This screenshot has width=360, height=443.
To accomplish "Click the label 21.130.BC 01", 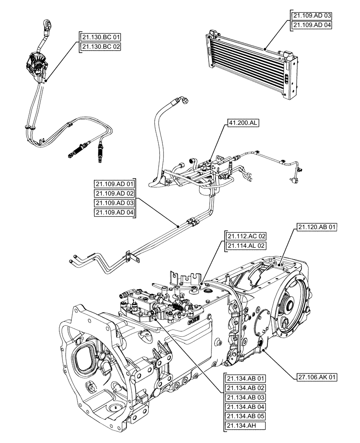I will coord(101,36).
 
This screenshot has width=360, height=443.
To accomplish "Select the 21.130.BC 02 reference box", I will coord(101,46).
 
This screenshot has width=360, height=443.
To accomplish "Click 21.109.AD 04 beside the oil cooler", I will coord(312,26).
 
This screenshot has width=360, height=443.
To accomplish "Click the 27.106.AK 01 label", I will coord(317,377).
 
